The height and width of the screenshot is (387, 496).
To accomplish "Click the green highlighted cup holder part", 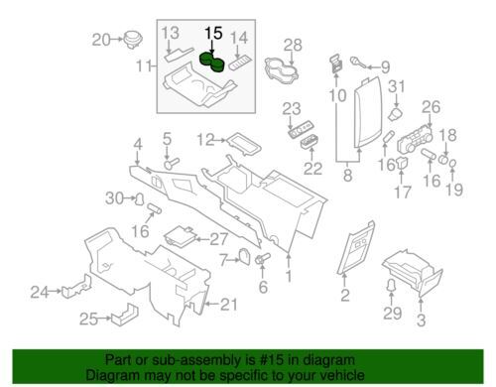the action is [x=212, y=63].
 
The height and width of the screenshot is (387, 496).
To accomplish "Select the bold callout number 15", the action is [x=213, y=34].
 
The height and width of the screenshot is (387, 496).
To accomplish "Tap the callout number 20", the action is [x=101, y=40].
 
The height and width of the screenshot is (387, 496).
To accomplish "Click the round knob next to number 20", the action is [x=133, y=40].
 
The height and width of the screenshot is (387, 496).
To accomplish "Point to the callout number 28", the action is [x=293, y=45].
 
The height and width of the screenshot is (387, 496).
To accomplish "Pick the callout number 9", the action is [x=385, y=67].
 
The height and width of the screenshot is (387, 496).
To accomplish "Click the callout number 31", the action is [x=396, y=87].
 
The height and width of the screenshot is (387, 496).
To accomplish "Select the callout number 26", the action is [x=431, y=107].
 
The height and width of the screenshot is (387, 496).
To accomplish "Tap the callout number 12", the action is [x=205, y=140].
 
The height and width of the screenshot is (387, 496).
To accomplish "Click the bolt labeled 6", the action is [x=263, y=258].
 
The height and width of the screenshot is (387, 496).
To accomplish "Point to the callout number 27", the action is [x=219, y=239].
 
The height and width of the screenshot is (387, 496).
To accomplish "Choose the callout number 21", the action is [x=229, y=305].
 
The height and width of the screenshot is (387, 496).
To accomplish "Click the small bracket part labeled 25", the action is [x=125, y=314].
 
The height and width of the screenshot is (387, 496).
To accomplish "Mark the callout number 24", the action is [x=40, y=292].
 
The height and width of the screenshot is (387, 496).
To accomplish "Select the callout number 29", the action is [x=393, y=314].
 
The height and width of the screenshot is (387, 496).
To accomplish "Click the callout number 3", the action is [x=421, y=320].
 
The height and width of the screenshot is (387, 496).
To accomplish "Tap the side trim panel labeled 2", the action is [x=356, y=247].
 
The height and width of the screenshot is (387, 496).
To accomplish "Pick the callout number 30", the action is [x=114, y=198].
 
